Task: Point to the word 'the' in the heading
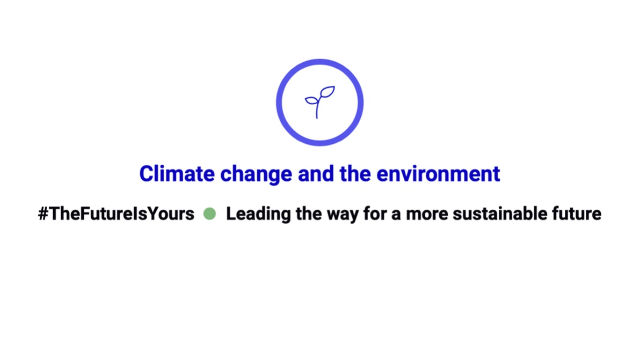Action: tap(356, 174)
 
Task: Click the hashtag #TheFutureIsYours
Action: tap(116, 214)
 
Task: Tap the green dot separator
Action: tap(209, 214)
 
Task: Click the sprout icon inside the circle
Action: tap(319, 102)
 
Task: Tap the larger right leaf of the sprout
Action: tap(327, 92)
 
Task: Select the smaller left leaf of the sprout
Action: tap(311, 100)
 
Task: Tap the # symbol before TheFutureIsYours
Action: tap(43, 214)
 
